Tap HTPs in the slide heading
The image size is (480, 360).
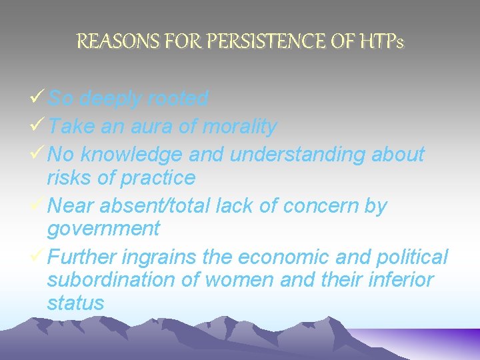[379, 42]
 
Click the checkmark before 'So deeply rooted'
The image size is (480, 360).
[38, 99]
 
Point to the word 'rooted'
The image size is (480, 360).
[178, 99]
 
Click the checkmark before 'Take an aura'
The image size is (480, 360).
[38, 125]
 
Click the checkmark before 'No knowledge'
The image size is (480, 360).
[38, 154]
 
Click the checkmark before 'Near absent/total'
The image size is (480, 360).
[38, 206]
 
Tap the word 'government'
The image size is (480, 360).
[103, 229]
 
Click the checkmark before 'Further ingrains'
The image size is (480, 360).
[38, 257]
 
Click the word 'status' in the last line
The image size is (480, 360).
[75, 303]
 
